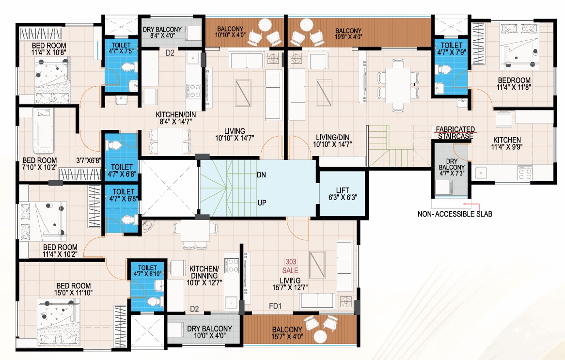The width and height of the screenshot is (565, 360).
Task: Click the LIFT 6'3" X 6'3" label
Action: point(342,194)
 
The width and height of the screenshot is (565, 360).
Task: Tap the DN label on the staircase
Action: point(261,175)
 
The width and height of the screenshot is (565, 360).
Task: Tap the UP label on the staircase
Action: point(262,203)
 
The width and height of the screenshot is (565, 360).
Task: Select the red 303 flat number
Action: point(291,262)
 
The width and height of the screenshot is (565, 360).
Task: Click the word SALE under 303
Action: point(290,270)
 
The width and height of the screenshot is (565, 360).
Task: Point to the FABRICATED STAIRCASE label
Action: point(455,133)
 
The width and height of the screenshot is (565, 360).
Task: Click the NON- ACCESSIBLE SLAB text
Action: point(455,214)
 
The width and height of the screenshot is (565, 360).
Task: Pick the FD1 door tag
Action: point(275,306)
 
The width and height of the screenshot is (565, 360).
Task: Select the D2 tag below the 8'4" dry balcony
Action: point(170,53)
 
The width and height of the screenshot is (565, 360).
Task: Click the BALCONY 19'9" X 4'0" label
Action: point(348,33)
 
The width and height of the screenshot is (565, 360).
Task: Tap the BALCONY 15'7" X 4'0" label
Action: point(287,333)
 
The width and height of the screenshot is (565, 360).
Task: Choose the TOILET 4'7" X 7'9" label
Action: point(452,48)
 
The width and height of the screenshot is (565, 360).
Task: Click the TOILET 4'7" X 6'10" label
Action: point(148,271)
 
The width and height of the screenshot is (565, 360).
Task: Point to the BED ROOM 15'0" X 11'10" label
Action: point(74,289)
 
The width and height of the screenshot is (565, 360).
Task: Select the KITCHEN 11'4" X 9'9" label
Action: point(507,143)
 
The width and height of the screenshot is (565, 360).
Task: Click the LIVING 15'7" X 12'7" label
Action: point(290,284)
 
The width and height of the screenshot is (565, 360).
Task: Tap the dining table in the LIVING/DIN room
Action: point(398,85)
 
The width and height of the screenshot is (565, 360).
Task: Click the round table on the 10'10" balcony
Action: point(265,25)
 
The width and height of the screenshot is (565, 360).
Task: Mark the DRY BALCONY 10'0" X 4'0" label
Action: point(209,332)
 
